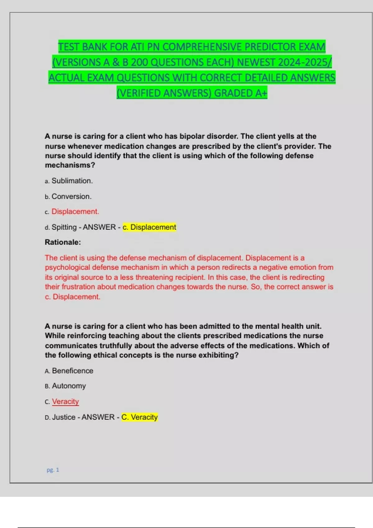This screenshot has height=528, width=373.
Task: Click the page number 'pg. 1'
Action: tap(53, 470)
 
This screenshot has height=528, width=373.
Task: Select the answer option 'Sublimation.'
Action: tap(72, 181)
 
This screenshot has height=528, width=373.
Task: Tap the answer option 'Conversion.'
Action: tap(71, 196)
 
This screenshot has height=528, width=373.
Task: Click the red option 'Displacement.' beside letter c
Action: tap(75, 212)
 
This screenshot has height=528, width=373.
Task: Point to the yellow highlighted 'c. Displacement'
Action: tap(150, 227)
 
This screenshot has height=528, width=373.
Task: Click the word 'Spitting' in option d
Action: tap(64, 227)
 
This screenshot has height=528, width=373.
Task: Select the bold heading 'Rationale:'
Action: tap(63, 242)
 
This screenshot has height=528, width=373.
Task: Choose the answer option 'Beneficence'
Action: tap(72, 371)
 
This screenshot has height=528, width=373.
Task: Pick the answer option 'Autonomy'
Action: tap(69, 386)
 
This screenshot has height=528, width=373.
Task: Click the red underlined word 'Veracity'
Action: tap(65, 401)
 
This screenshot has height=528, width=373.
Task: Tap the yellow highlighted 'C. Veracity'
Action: tap(140, 417)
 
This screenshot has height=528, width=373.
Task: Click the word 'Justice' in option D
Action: tap(64, 417)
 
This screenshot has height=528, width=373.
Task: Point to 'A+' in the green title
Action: tap(261, 93)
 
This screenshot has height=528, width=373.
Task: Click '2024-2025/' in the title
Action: tap(305, 62)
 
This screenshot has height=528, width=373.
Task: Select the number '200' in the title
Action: tap(139, 62)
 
